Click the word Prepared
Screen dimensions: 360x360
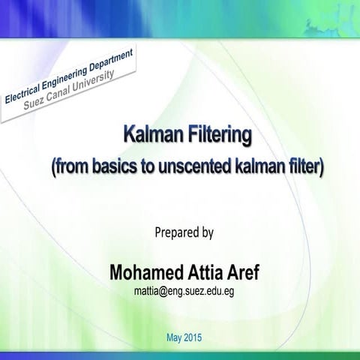[x=177, y=232]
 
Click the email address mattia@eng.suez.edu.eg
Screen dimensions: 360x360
[x=185, y=290]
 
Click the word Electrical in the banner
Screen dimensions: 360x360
[x=22, y=93]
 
